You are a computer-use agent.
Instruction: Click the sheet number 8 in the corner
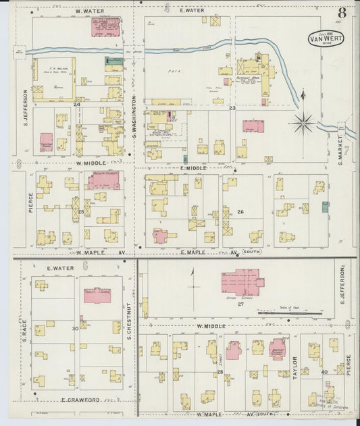pyautogui.click(x=342, y=12)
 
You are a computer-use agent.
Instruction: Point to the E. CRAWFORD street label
pyautogui.click(x=73, y=400)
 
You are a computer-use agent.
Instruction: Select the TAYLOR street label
pyautogui.click(x=294, y=369)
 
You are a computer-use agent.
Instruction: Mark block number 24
pyautogui.click(x=77, y=105)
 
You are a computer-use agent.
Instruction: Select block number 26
pyautogui.click(x=240, y=212)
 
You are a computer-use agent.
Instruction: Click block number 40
pyautogui.click(x=324, y=372)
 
